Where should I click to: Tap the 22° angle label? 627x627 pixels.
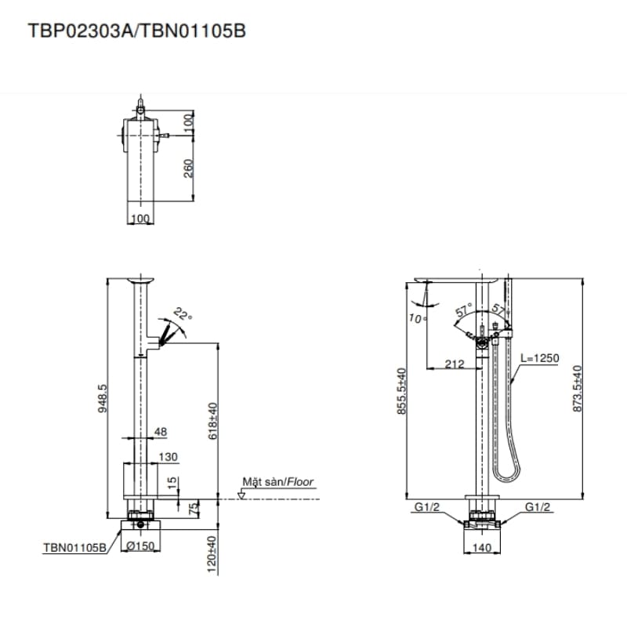pyautogui.click(x=183, y=314)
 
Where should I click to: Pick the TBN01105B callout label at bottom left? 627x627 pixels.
pyautogui.click(x=74, y=549)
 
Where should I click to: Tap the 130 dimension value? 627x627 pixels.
pyautogui.click(x=169, y=457)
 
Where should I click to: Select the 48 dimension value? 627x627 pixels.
pyautogui.click(x=160, y=432)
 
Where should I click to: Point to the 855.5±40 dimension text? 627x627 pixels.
pyautogui.click(x=401, y=390)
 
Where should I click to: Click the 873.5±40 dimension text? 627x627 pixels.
pyautogui.click(x=578, y=389)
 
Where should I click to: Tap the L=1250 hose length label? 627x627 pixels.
pyautogui.click(x=540, y=358)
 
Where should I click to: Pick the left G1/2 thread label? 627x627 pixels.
pyautogui.click(x=427, y=507)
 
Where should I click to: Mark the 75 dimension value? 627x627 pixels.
pyautogui.click(x=191, y=508)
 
